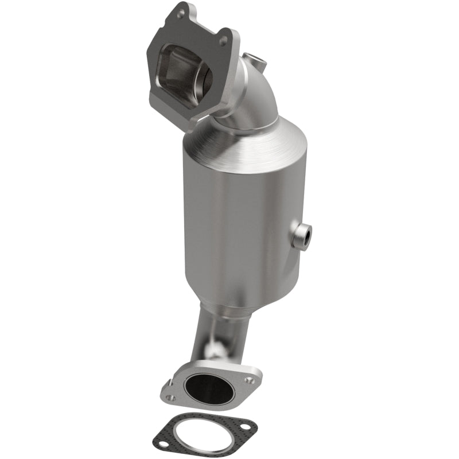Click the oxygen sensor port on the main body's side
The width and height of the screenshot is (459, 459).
[302, 236]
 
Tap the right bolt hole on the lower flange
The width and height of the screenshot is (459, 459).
[248, 379]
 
